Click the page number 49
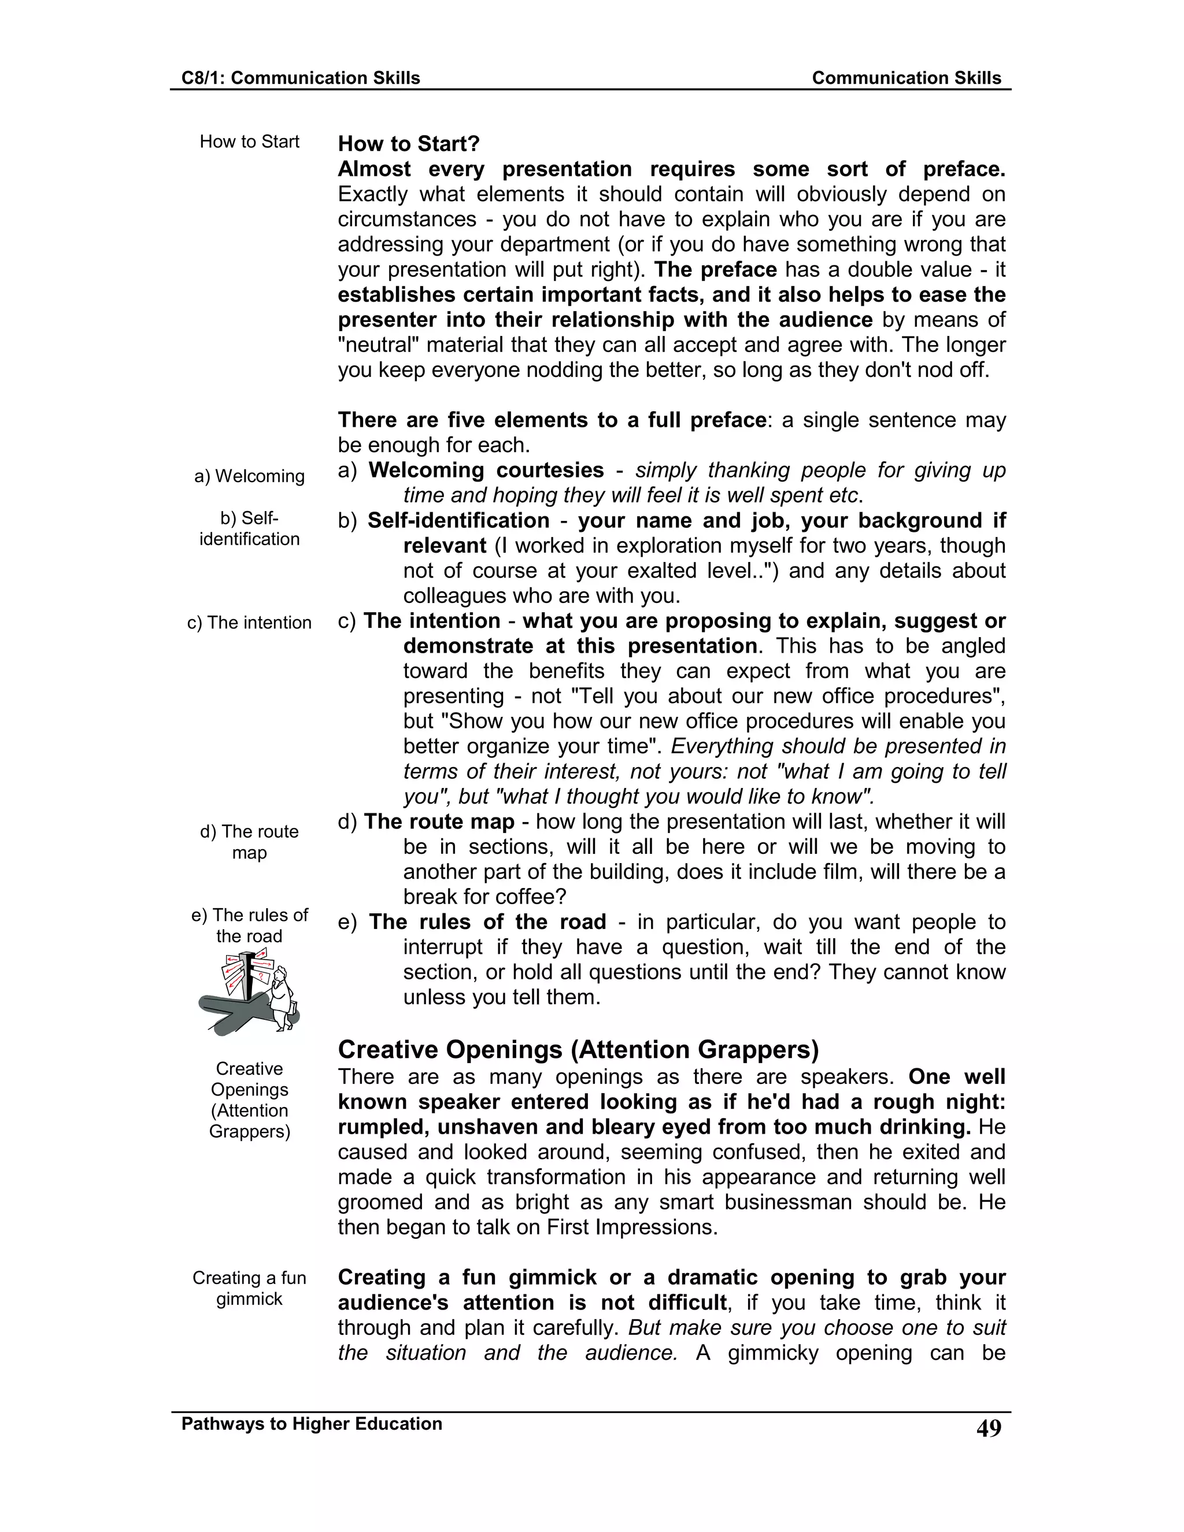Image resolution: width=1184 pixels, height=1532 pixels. (988, 1428)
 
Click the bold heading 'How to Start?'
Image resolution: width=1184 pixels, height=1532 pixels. (408, 144)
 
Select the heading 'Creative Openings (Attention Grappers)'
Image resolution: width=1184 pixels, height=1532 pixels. (578, 1049)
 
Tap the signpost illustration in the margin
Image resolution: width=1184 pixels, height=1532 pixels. (250, 990)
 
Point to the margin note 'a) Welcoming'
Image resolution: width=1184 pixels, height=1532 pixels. (249, 476)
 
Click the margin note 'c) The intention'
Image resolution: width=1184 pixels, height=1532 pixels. (249, 623)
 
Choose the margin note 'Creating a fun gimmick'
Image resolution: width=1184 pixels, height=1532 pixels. (249, 1288)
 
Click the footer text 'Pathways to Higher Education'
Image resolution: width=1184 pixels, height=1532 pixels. (312, 1423)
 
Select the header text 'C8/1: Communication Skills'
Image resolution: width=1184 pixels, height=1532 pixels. (300, 78)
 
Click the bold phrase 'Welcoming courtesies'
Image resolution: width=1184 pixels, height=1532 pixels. (486, 470)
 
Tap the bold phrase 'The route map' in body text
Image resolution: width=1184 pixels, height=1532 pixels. (439, 821)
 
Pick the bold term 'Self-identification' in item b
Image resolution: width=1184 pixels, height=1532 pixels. (458, 520)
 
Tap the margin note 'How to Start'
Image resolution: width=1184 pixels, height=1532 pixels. (249, 142)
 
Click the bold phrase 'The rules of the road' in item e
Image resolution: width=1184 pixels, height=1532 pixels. (487, 922)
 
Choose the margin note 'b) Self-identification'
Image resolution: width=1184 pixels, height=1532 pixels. (249, 529)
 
